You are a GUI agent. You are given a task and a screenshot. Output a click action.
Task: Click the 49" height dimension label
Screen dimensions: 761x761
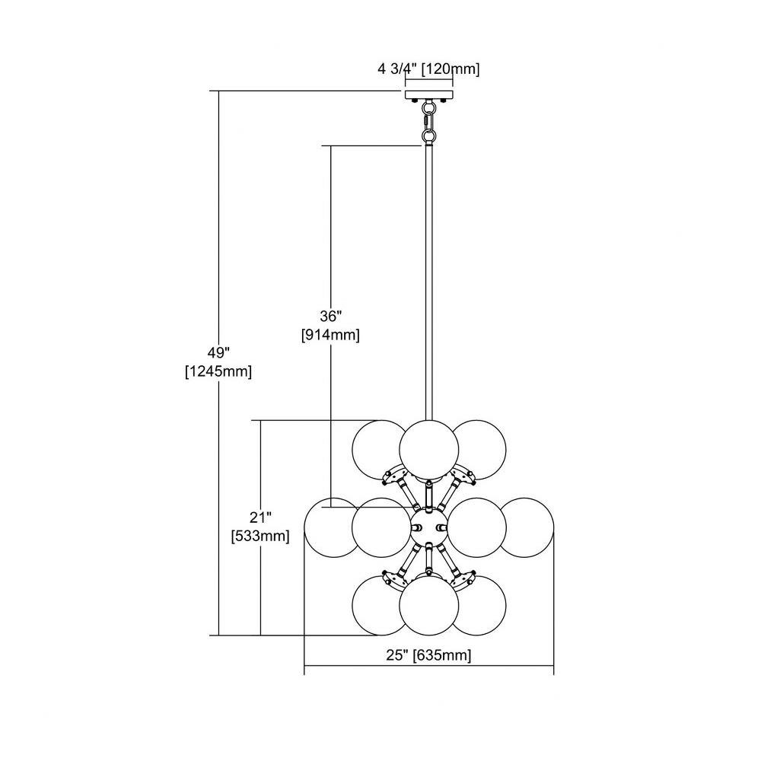point(218,352)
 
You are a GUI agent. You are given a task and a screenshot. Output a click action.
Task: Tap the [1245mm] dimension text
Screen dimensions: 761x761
point(218,372)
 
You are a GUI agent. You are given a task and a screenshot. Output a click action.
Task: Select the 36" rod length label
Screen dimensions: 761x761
point(331,316)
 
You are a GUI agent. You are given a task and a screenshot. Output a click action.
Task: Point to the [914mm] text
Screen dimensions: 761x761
point(330,335)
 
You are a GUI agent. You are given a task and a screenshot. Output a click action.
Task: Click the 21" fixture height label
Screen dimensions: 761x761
point(260,517)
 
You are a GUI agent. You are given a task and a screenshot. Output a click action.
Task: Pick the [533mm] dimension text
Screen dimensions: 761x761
point(260,537)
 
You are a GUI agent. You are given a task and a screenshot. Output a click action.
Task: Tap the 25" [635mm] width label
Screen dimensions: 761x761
point(428,655)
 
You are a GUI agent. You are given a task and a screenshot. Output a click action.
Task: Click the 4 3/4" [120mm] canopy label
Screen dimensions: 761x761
point(428,69)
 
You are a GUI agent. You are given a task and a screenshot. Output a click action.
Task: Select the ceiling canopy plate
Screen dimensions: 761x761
point(429,94)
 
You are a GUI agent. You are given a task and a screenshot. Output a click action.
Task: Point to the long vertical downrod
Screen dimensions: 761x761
point(429,282)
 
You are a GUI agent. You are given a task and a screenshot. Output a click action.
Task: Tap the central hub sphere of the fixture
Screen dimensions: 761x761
point(429,527)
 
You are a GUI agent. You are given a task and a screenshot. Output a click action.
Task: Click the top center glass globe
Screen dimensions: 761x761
point(429,450)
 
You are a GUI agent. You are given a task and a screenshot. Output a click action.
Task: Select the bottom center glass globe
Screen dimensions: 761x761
point(429,605)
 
